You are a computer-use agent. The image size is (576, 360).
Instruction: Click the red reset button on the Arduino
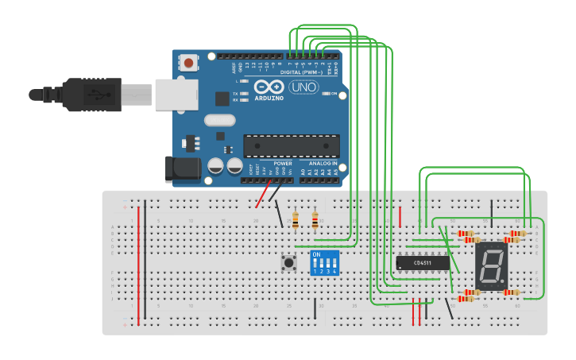pyautogui.click(x=189, y=62)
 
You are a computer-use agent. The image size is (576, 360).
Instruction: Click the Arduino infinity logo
pyautogui.click(x=269, y=87)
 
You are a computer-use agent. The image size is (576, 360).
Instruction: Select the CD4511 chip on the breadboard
pyautogui.click(x=423, y=262)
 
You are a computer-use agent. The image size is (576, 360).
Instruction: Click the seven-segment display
pyautogui.click(x=491, y=265)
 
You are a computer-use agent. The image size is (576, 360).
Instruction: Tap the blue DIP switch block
pyautogui.click(x=325, y=262)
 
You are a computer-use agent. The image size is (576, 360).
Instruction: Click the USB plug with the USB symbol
pyautogui.click(x=91, y=95)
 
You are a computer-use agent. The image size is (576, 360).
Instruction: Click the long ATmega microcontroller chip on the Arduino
pyautogui.click(x=291, y=146)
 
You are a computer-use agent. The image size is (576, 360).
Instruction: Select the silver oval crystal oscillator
pyautogui.click(x=220, y=121)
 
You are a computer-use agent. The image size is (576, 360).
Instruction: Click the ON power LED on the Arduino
pyautogui.click(x=325, y=93)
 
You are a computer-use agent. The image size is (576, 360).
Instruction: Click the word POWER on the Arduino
pyautogui.click(x=282, y=163)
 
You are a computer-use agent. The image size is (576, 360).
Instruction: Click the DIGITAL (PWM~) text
pyautogui.click(x=301, y=72)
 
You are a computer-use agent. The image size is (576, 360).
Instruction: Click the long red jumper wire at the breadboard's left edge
pyautogui.click(x=139, y=265)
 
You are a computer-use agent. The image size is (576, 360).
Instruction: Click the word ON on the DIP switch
pyautogui.click(x=317, y=254)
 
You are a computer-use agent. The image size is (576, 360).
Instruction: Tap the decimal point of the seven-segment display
pyautogui.click(x=504, y=282)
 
